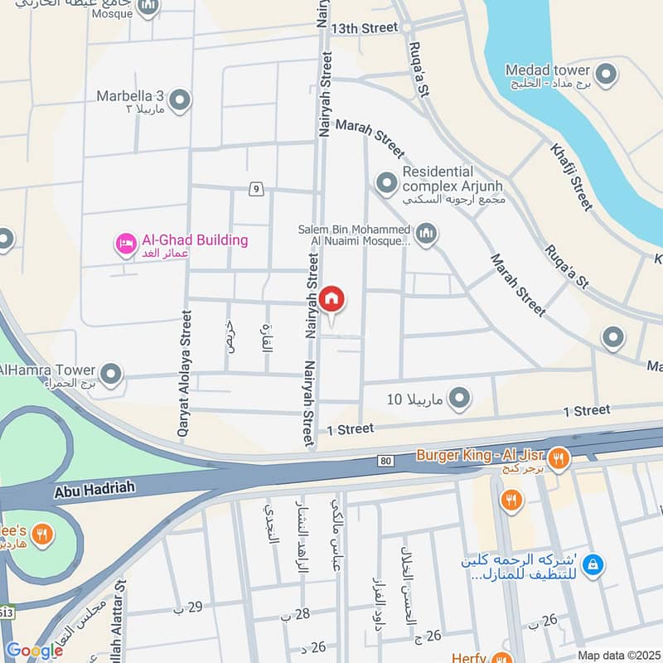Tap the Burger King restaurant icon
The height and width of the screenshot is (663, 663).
559,457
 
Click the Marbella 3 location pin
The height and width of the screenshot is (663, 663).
179,101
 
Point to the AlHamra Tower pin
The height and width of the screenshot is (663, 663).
111,376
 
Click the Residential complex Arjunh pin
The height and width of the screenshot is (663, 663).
386,181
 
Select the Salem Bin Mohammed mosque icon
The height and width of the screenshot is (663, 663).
426,235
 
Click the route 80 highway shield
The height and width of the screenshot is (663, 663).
385,461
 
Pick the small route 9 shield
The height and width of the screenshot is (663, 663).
257,190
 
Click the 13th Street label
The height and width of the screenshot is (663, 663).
365,27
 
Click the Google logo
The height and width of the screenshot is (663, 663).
34,651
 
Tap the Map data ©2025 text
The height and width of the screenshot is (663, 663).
617,655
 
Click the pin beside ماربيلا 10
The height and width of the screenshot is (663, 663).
459,399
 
